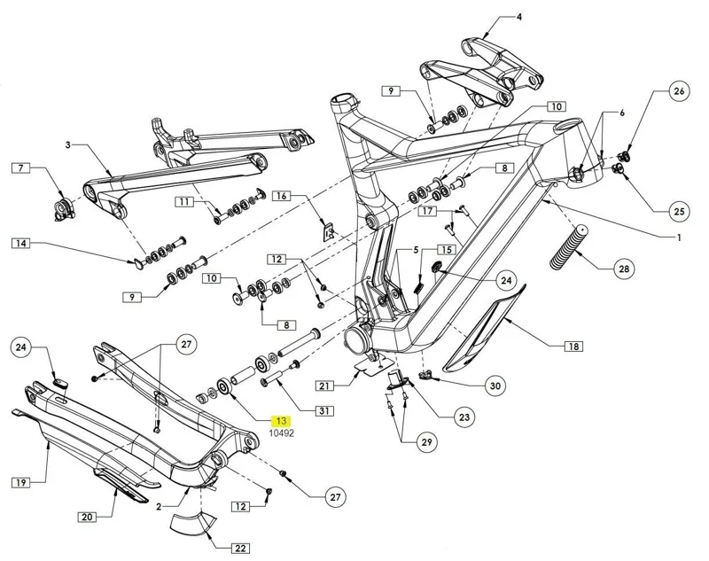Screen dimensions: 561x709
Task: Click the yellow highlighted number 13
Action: coord(282,421)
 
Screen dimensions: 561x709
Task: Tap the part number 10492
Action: coord(282,433)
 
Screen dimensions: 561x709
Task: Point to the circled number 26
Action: coord(678,91)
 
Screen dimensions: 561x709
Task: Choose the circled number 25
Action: coord(678,211)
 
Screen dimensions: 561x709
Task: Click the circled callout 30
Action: coord(495,386)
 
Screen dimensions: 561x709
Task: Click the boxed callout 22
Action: coord(240,548)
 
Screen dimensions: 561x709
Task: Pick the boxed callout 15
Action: coord(446,251)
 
